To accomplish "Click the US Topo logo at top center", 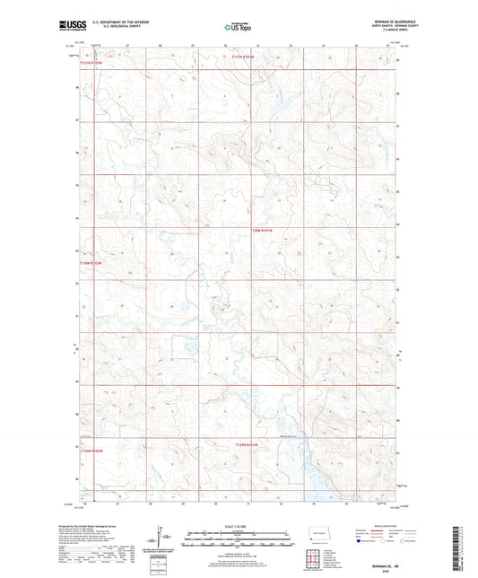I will [239, 28].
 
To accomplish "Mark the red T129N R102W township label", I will [92, 451].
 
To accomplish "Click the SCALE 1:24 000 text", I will [238, 527].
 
